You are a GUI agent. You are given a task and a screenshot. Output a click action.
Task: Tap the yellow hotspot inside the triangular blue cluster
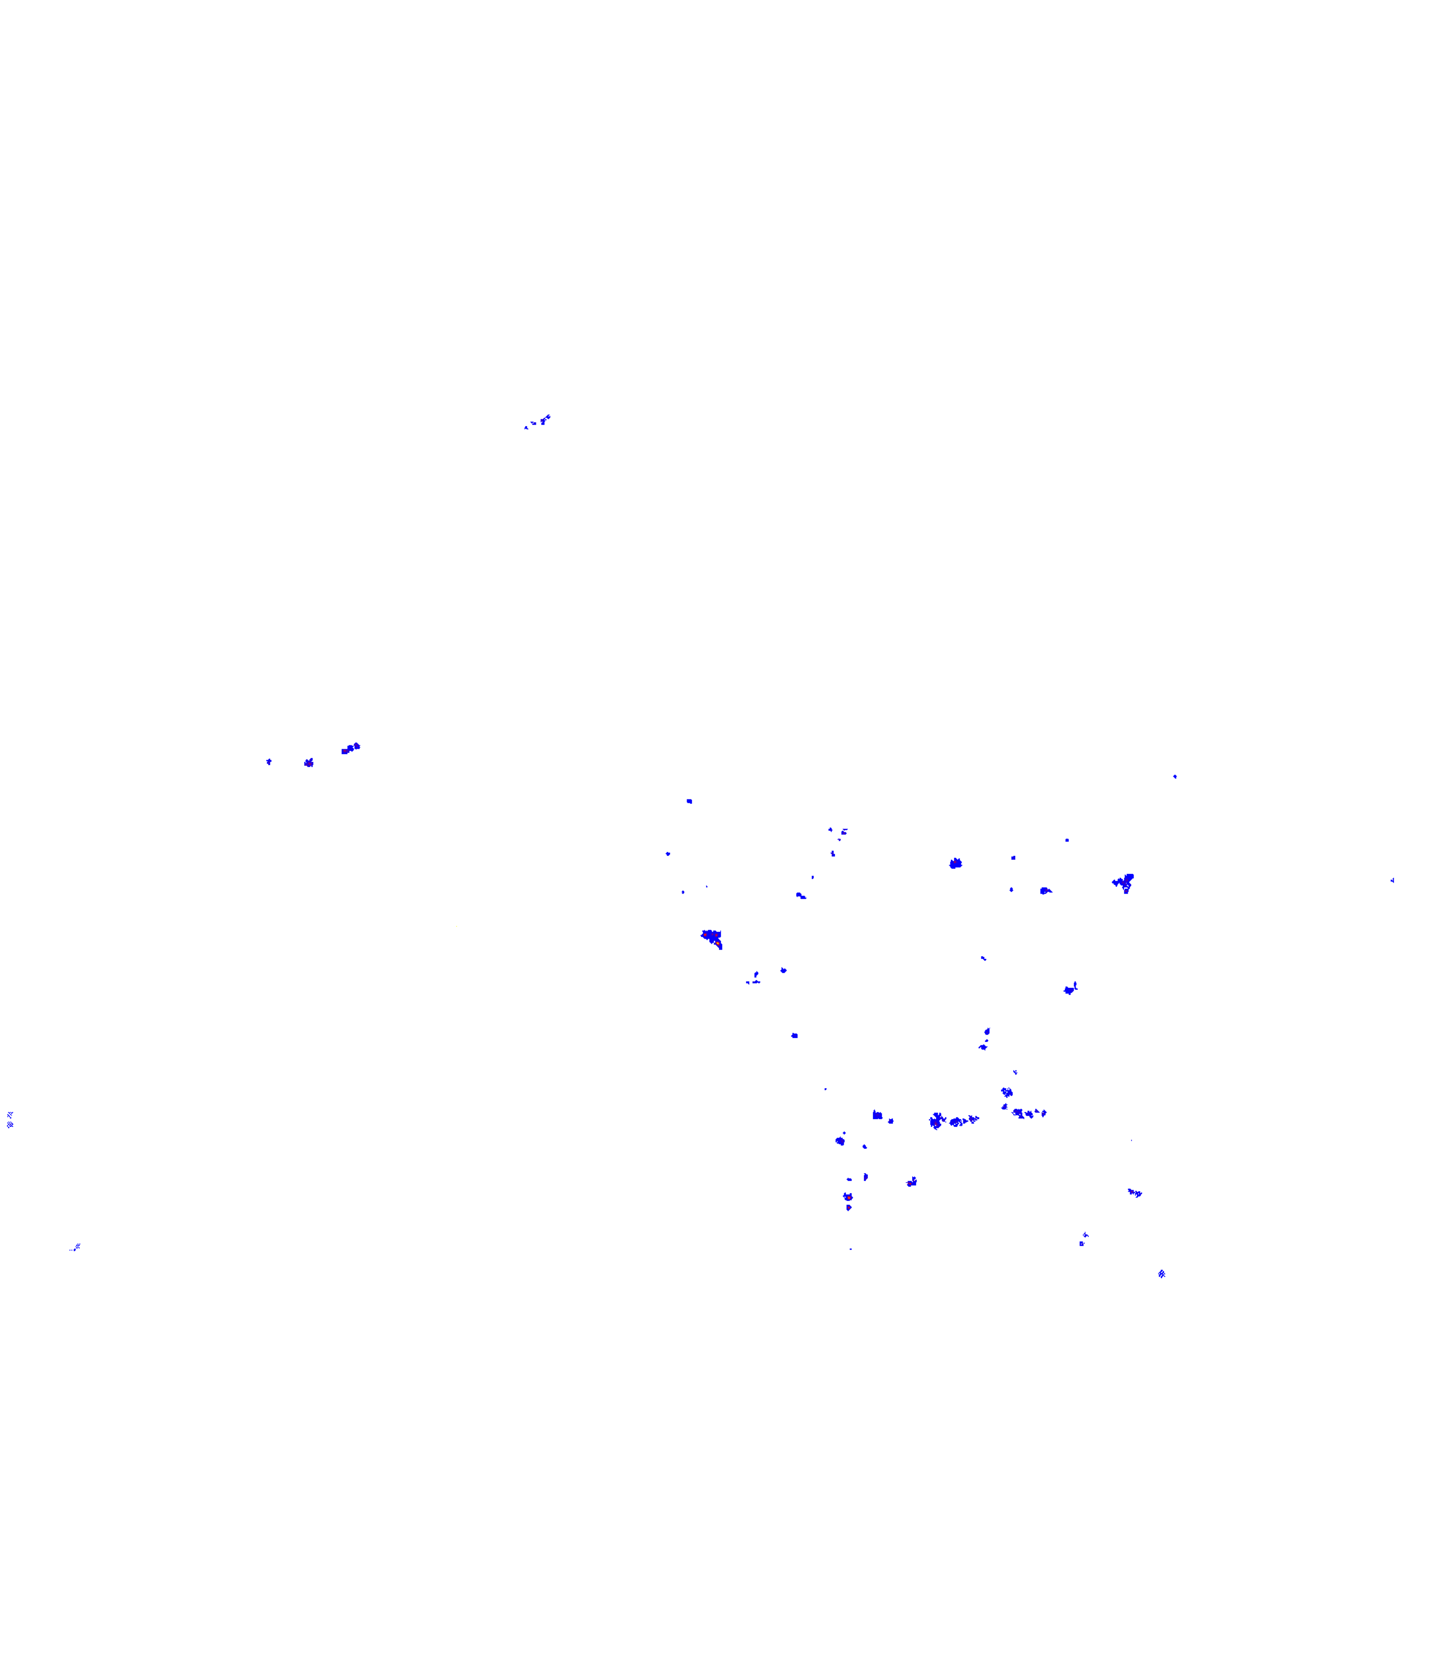(718, 943)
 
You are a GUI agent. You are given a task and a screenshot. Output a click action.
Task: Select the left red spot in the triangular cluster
(705, 935)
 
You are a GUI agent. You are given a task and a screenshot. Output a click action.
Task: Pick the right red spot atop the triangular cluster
(717, 935)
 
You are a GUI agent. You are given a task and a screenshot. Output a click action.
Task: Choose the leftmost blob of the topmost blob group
(526, 427)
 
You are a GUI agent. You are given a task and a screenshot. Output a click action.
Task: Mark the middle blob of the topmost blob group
(534, 423)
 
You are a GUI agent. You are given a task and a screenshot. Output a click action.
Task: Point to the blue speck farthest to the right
(1392, 880)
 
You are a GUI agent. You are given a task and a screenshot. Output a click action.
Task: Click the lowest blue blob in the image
(1162, 1274)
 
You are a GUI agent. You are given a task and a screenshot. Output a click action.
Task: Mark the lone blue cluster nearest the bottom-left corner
(76, 1247)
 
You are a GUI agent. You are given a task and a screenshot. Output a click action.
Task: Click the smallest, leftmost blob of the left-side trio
(269, 761)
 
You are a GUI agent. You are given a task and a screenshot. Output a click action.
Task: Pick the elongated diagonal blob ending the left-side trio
(351, 749)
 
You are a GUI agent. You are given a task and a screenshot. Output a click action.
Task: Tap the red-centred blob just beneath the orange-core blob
(848, 1208)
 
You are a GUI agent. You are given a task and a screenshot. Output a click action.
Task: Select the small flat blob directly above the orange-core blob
(849, 1180)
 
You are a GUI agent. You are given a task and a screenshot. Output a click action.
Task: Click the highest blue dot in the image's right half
(1175, 777)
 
